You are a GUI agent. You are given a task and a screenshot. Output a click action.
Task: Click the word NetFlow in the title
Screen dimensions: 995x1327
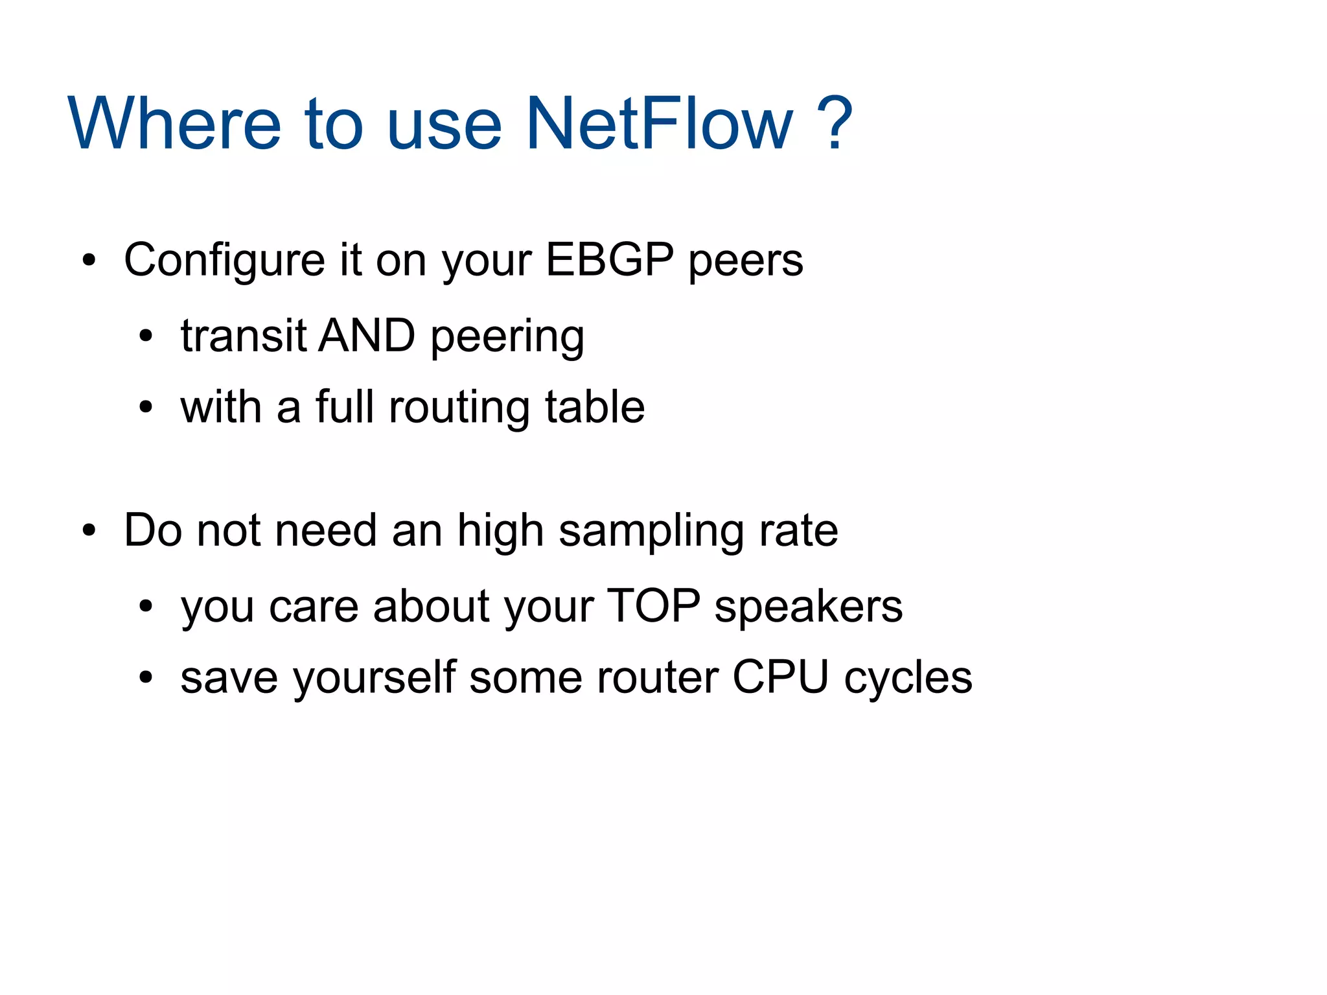659,123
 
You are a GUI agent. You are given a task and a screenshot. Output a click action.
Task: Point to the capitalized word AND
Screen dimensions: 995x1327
367,336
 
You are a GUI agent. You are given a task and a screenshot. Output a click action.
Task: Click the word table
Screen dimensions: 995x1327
594,407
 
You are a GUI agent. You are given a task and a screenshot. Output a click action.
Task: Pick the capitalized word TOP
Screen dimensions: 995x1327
654,607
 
